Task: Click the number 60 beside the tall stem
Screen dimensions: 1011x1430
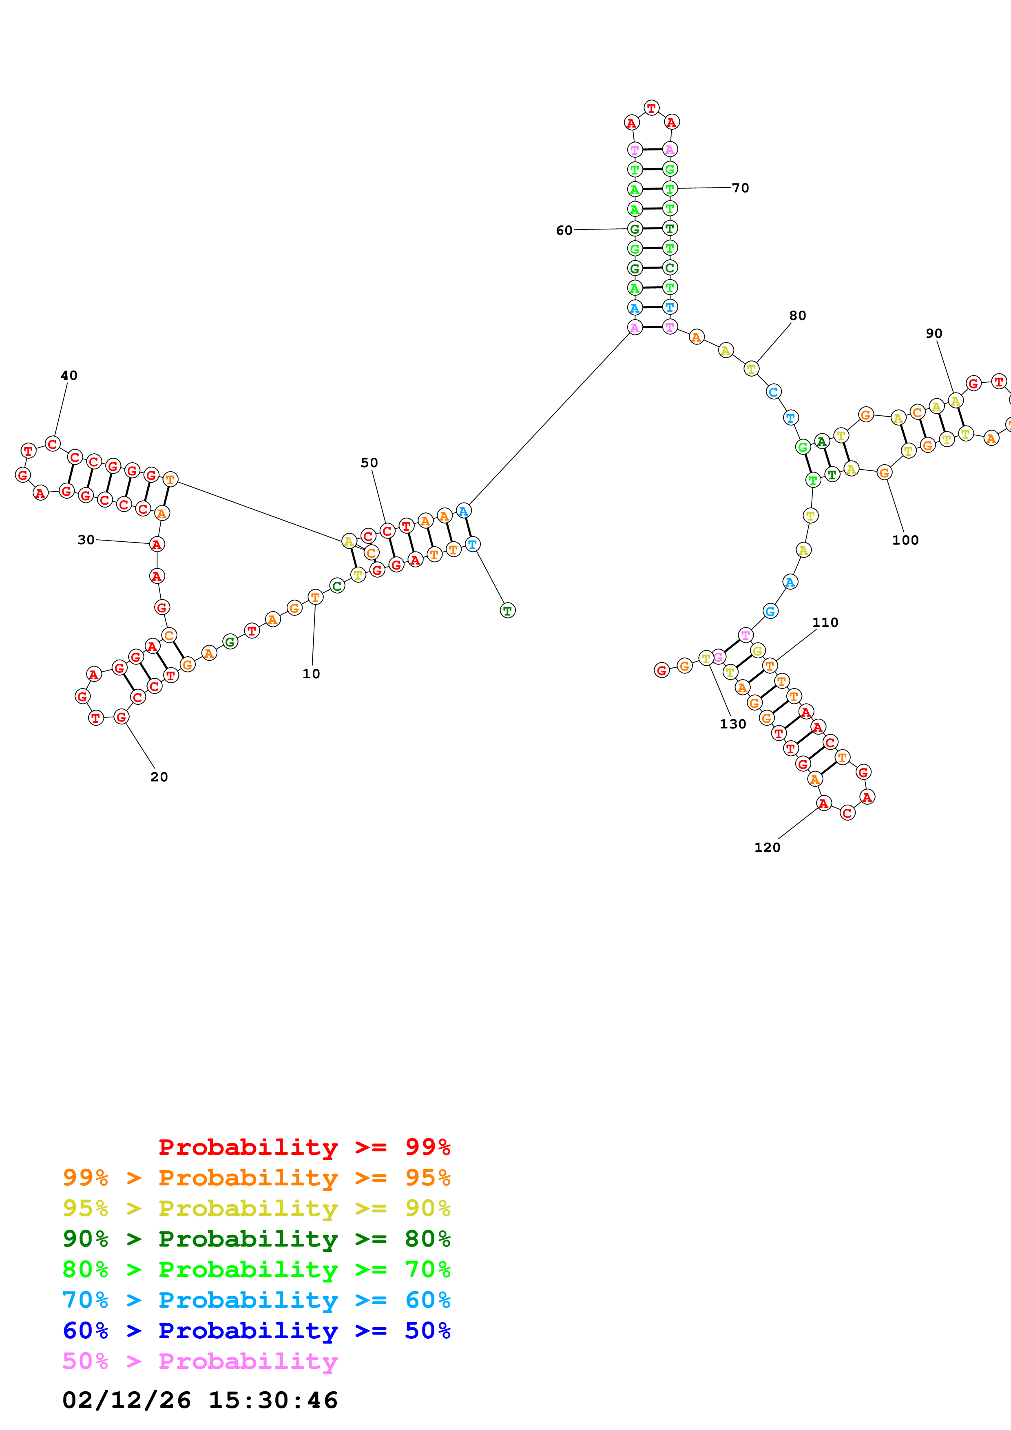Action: tap(564, 230)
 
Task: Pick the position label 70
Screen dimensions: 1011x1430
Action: tap(740, 188)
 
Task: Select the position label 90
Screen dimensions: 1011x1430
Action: tap(934, 334)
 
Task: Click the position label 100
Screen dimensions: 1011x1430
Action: tap(905, 540)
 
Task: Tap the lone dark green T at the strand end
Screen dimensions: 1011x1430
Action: tap(508, 610)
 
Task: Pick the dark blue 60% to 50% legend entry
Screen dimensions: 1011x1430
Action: tap(256, 1331)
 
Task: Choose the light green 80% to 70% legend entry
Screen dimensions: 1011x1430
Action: tap(256, 1269)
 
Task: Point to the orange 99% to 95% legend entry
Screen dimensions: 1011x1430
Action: tap(256, 1178)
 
